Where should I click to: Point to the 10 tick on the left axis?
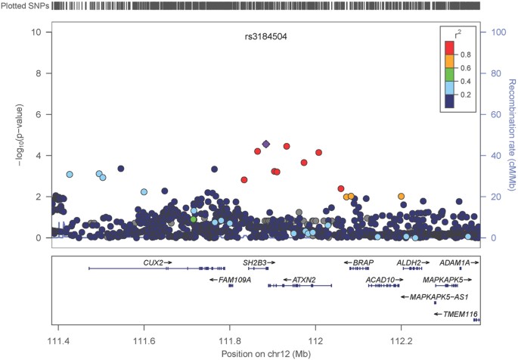(36, 33)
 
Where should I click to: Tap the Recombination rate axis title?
(510, 135)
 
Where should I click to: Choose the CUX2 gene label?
(154, 262)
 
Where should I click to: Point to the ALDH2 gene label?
(409, 262)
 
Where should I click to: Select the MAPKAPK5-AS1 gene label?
(439, 297)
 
